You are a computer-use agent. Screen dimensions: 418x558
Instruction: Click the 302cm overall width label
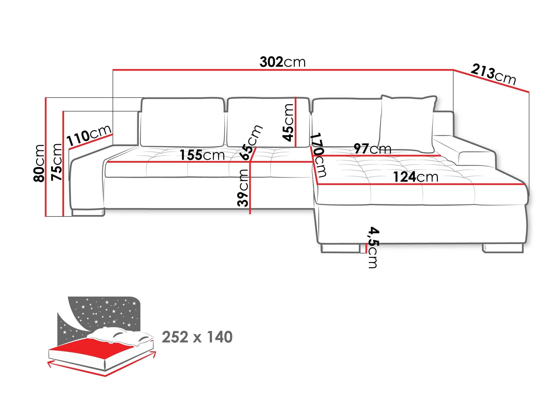pyautogui.click(x=282, y=62)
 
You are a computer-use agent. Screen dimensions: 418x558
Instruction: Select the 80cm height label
pyautogui.click(x=39, y=163)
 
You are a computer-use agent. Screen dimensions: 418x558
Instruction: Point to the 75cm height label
pyautogui.click(x=56, y=162)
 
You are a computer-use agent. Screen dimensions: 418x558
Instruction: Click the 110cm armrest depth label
pyautogui.click(x=89, y=136)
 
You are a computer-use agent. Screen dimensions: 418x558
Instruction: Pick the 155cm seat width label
pyautogui.click(x=202, y=155)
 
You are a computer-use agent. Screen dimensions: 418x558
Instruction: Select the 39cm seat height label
pyautogui.click(x=243, y=188)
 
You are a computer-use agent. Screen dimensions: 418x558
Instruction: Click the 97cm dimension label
pyautogui.click(x=372, y=149)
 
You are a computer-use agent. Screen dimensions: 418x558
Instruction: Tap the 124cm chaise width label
pyautogui.click(x=416, y=177)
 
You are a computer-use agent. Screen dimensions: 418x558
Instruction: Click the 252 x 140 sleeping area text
pyautogui.click(x=197, y=337)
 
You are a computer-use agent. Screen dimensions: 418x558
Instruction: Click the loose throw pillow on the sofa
pyautogui.click(x=407, y=125)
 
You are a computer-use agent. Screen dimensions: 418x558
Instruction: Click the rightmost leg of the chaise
pyautogui.click(x=503, y=248)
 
